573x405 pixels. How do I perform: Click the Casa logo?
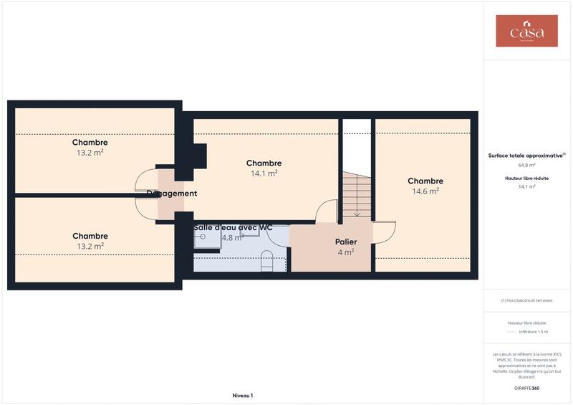[x=526, y=32]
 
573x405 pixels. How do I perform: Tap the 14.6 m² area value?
[x=425, y=191]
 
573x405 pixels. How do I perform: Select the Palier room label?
[x=346, y=242]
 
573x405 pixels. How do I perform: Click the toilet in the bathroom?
[x=267, y=260]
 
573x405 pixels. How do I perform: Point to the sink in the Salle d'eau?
[x=204, y=237]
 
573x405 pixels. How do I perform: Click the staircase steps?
[x=356, y=196]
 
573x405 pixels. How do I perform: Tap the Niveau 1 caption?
[x=243, y=396]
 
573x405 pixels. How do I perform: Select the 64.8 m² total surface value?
[x=526, y=165]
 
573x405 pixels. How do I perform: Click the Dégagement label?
[x=172, y=194]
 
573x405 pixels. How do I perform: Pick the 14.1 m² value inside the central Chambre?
[x=264, y=173]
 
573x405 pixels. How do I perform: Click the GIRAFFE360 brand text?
[x=526, y=388]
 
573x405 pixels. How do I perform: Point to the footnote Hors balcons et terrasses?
[x=526, y=300]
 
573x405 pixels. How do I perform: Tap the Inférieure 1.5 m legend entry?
[x=533, y=332]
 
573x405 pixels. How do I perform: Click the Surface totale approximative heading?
[x=526, y=155]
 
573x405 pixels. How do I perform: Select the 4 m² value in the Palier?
[x=345, y=252]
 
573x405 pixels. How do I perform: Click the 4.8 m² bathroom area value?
[x=233, y=237]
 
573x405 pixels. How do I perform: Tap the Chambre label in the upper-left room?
[x=90, y=143]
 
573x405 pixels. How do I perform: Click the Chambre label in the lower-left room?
[x=90, y=236]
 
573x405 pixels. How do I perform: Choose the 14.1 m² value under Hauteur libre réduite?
[x=526, y=186]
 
